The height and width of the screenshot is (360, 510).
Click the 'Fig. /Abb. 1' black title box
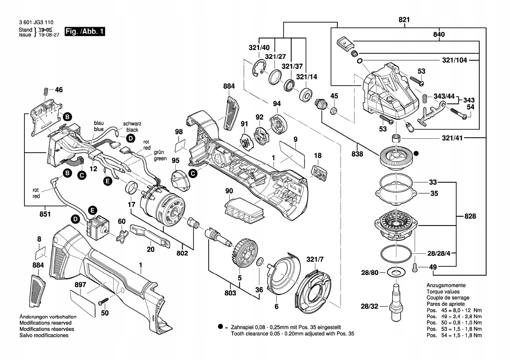pos(85,31)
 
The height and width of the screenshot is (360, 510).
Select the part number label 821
pos(404,20)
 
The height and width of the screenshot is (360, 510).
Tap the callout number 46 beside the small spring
pos(58,90)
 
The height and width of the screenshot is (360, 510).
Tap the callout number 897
pos(81,285)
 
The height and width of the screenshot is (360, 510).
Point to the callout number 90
pos(229,191)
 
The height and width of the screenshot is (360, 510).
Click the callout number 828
pos(470,216)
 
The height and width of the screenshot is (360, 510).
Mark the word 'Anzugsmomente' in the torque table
pos(446,285)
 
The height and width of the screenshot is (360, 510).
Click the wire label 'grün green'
pos(160,155)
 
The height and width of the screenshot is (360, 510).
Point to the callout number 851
pos(45,214)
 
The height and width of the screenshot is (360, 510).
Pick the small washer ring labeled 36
pos(259,262)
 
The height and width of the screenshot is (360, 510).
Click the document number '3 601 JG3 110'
pos(36,23)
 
